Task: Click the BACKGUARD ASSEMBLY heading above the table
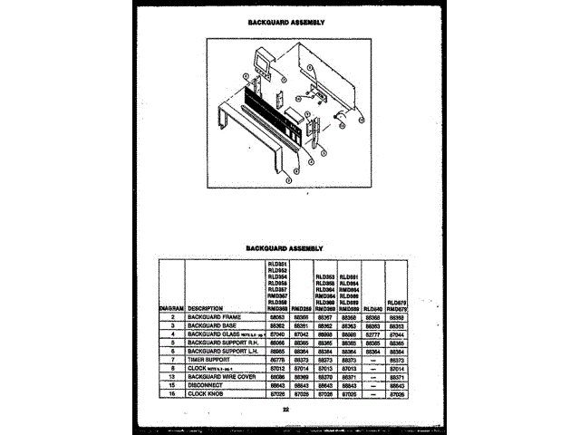pos(285,247)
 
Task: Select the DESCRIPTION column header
pos(206,308)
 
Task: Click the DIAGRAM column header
pos(171,308)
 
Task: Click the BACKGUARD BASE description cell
pos(211,325)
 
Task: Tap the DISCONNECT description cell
pos(206,384)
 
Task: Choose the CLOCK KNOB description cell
pos(207,392)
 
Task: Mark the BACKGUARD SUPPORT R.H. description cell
pos(223,343)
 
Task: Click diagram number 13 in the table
pos(171,375)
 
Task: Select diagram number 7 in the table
pos(171,359)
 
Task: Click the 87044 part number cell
pos(396,333)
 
